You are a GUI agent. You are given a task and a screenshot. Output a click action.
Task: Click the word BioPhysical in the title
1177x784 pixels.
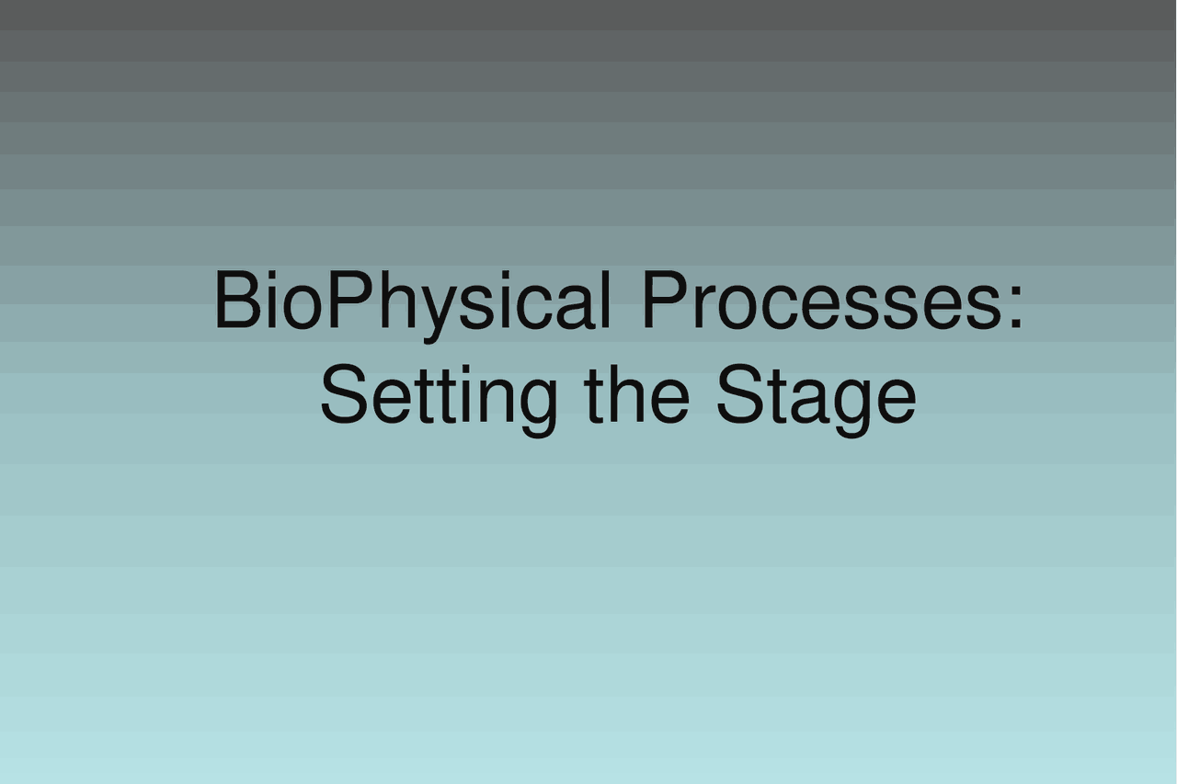412,301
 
